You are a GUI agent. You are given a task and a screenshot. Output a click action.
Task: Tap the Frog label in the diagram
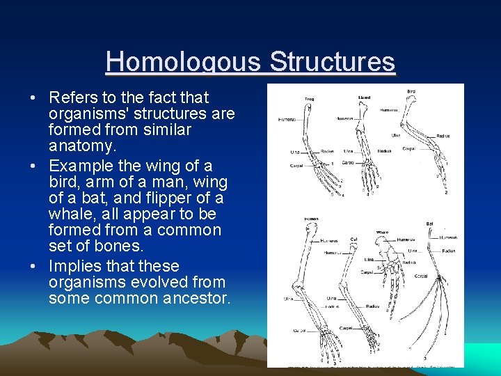[309, 100]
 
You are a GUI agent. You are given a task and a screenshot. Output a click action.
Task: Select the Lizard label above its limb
[364, 97]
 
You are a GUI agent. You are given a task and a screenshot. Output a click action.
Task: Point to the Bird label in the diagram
[412, 91]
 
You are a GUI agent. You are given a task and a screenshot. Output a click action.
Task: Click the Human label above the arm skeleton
[311, 219]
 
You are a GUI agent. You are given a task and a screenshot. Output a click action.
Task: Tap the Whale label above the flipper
[381, 233]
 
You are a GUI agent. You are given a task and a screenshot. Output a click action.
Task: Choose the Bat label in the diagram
[430, 224]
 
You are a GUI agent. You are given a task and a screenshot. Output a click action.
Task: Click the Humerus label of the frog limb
[287, 119]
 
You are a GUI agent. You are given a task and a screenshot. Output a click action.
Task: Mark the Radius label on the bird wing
[443, 136]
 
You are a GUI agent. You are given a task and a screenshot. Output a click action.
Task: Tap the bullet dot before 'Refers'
[34, 97]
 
